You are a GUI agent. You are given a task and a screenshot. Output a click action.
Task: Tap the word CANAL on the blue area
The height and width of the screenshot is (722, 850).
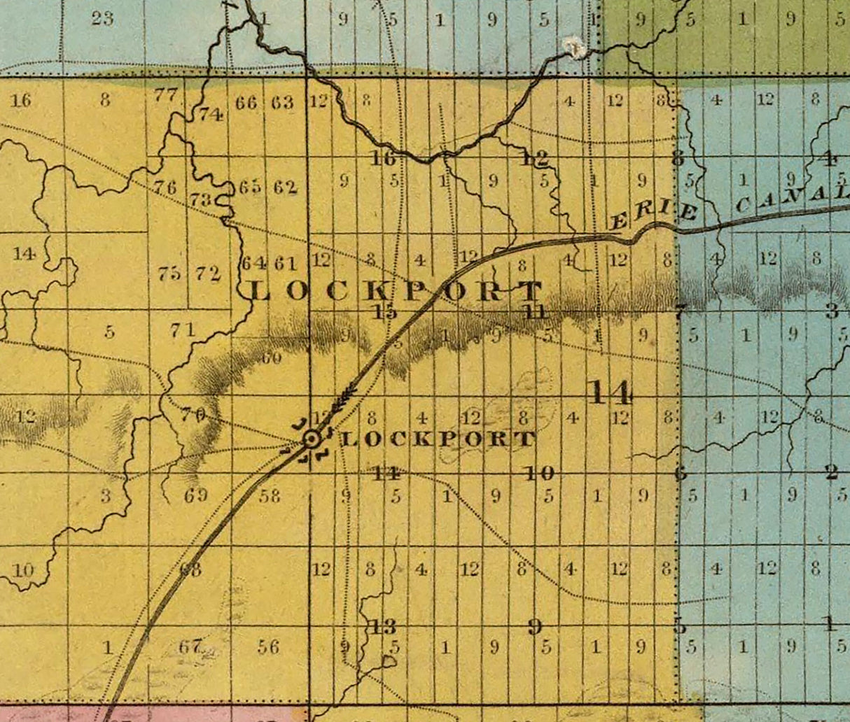(791, 198)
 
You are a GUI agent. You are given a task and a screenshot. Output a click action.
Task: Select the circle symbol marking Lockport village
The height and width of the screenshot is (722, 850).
(312, 439)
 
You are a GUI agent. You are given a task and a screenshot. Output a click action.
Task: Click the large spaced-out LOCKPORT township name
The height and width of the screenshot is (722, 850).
(396, 290)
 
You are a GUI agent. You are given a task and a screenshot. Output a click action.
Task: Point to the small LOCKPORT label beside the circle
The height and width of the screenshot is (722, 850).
(437, 439)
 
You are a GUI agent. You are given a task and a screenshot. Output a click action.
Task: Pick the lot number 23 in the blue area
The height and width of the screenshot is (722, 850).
(102, 18)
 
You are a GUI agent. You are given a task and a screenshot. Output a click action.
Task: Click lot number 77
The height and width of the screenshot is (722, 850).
(166, 94)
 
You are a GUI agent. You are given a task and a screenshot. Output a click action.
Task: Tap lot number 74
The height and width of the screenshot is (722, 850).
(210, 114)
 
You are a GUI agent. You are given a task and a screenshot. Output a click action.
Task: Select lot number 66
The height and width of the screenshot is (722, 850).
(246, 103)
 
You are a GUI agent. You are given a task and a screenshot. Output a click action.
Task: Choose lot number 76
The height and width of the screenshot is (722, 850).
(165, 187)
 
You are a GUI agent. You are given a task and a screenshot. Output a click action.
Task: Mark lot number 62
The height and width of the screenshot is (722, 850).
(286, 187)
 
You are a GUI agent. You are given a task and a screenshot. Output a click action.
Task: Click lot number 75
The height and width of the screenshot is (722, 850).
(169, 274)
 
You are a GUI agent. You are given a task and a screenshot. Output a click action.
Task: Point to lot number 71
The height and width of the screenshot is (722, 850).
(182, 329)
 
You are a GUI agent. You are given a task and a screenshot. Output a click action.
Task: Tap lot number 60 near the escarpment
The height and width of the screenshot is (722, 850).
(271, 358)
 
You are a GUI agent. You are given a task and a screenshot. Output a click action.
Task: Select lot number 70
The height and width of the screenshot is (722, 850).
(193, 414)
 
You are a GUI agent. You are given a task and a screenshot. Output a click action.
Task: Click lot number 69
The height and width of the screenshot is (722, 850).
(196, 495)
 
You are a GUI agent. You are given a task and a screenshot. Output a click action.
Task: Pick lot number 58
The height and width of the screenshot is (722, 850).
(270, 495)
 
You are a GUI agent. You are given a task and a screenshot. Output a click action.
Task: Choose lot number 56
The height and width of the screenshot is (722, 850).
(268, 646)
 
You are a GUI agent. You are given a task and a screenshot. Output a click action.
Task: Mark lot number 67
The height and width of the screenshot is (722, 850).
(190, 646)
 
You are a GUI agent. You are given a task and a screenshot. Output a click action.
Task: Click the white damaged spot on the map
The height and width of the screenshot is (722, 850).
(573, 48)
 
